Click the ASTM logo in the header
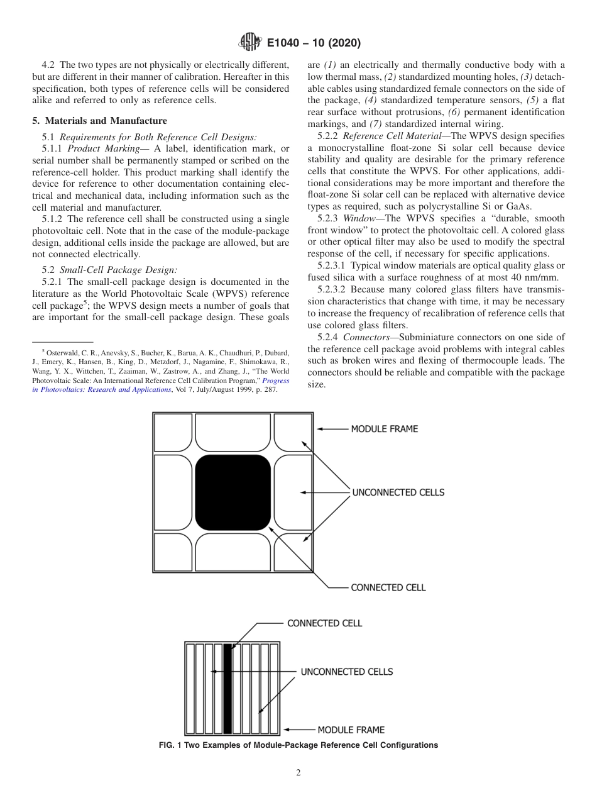coord(249,43)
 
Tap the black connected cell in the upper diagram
coord(233,492)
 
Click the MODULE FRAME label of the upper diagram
coord(384,429)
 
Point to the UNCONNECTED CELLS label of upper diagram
coord(398,492)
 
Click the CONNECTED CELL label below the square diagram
coord(388,587)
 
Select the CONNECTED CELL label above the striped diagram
coord(324,623)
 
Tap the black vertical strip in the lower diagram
coord(227,689)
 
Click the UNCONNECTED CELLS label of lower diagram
coord(346,672)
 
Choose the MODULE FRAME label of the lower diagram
coord(351,730)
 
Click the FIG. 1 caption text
coord(298,745)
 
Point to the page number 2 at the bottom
coord(298,773)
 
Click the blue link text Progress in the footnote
coord(276,381)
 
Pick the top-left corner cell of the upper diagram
coord(173,433)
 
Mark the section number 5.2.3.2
coord(332,290)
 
